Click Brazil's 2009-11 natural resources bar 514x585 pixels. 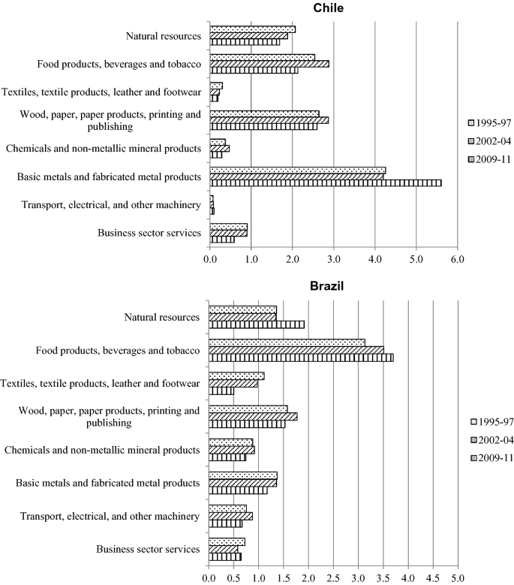pos(257,324)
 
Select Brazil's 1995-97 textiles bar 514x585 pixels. pos(236,375)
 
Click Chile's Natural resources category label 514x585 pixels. pos(164,35)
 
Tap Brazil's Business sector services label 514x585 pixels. pos(148,549)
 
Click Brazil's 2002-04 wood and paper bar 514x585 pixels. pos(253,416)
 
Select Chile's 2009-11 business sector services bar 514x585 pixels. pos(222,240)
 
